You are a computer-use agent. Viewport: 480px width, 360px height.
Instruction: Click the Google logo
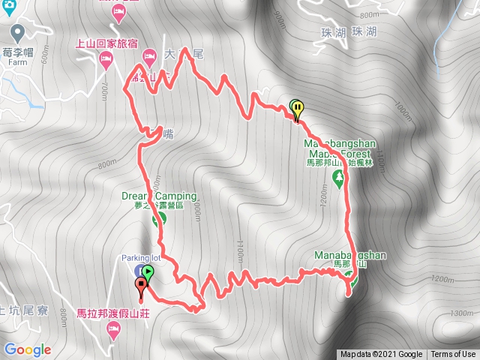(x=27, y=349)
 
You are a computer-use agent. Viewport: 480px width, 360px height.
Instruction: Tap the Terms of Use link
(x=453, y=355)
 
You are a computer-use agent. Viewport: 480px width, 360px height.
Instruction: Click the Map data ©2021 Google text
(x=380, y=355)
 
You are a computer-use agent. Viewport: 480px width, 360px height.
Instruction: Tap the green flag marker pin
(x=148, y=274)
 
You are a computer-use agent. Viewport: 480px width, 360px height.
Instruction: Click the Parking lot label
(x=140, y=259)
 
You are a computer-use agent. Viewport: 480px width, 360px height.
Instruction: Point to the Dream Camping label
(x=159, y=196)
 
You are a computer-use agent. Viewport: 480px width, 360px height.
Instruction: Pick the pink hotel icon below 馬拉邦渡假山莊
(x=114, y=329)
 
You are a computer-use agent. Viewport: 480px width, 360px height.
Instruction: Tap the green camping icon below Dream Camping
(x=159, y=220)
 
